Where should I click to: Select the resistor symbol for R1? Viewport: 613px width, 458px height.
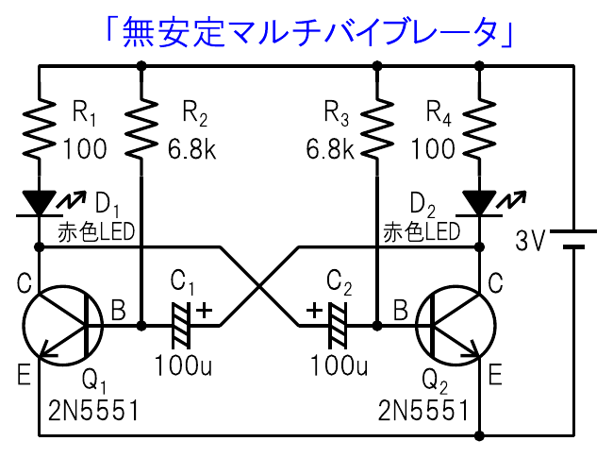pyautogui.click(x=40, y=128)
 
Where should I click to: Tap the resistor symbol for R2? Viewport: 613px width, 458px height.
pyautogui.click(x=141, y=128)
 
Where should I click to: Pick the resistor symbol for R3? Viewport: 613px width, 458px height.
pyautogui.click(x=377, y=128)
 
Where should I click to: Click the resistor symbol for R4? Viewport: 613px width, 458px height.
pyautogui.click(x=479, y=128)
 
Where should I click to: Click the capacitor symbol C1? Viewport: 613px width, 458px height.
pyautogui.click(x=180, y=326)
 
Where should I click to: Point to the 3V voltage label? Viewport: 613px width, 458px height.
pyautogui.click(x=530, y=242)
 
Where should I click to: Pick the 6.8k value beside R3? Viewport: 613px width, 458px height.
pyautogui.click(x=329, y=149)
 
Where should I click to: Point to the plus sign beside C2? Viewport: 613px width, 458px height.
pyautogui.click(x=313, y=308)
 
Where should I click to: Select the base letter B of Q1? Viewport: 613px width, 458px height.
pyautogui.click(x=118, y=309)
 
